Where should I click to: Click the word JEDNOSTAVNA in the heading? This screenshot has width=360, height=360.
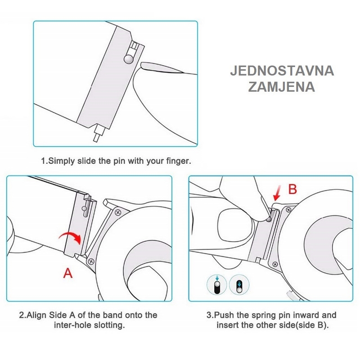[282, 71]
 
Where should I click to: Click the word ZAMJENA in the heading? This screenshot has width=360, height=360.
[282, 87]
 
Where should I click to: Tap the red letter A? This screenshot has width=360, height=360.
[68, 273]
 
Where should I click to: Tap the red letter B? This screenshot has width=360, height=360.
[292, 189]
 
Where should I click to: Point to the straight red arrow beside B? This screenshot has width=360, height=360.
[277, 193]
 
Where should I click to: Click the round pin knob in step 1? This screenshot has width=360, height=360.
[129, 59]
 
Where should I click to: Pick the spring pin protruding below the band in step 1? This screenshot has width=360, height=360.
[99, 133]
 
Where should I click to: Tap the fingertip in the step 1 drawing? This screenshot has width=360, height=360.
[161, 68]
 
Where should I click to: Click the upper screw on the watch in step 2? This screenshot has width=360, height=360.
[118, 212]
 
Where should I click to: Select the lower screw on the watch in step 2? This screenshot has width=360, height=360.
[91, 261]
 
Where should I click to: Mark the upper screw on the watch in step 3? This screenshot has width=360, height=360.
[289, 210]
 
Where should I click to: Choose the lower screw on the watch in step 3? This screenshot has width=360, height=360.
[275, 265]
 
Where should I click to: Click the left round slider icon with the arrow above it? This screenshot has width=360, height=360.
[217, 285]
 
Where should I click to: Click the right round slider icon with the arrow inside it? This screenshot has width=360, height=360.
[239, 285]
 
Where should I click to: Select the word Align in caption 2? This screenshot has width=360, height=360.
[36, 315]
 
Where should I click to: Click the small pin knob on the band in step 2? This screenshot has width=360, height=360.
[85, 208]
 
